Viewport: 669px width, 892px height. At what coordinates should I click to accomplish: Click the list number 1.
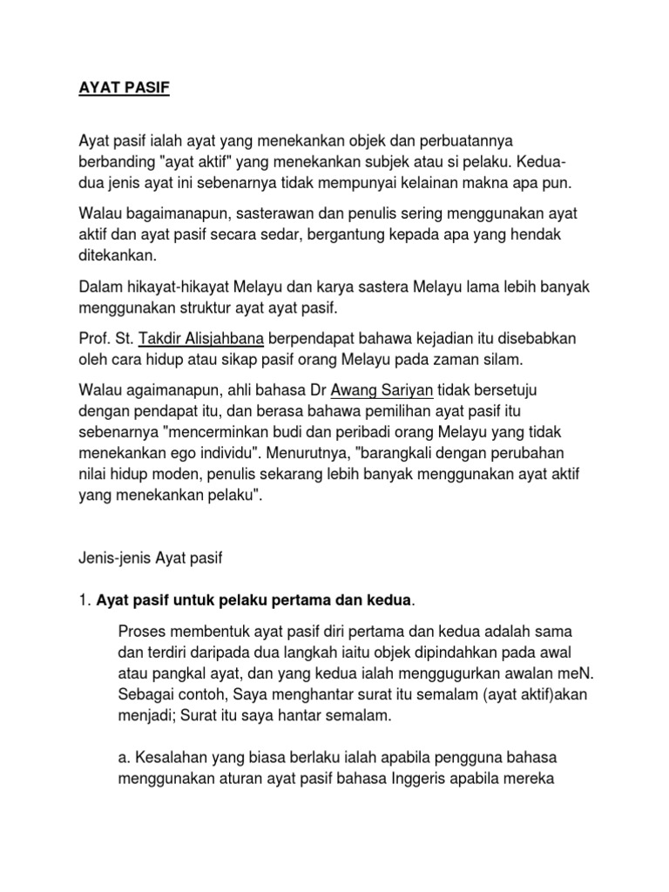pos(84,599)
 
